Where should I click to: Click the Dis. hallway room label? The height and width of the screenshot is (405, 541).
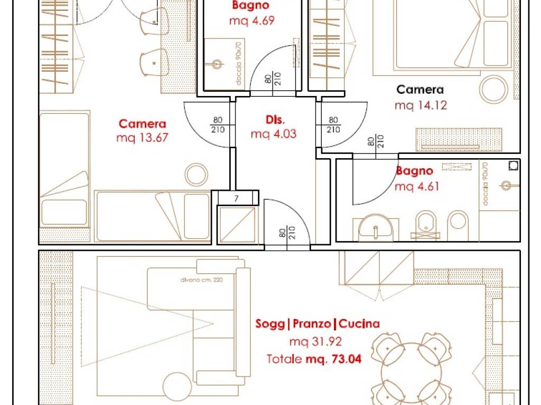(274, 119)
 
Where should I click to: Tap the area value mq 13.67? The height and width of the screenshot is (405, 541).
(141, 138)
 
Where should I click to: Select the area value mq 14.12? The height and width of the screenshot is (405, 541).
(421, 105)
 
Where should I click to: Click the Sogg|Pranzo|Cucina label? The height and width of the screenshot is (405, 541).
(317, 324)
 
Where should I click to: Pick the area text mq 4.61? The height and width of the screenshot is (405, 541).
(417, 186)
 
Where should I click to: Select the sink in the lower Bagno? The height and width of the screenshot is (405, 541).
(375, 227)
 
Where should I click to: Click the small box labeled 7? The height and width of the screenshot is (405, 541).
(236, 198)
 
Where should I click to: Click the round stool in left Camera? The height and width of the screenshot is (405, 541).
(197, 173)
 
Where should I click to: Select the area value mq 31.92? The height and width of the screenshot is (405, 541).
(315, 342)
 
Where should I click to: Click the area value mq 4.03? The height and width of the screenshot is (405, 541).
(274, 134)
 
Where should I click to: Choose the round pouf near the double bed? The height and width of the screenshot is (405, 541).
(495, 88)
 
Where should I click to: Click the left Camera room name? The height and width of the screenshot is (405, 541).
(142, 124)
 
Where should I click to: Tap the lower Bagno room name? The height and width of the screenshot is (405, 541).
(415, 171)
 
